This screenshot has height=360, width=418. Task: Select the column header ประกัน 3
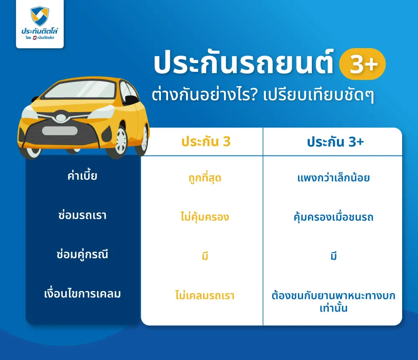pos(206,142)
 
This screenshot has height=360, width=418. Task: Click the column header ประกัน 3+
pos(335,142)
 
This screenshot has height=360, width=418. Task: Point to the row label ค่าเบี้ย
pos(82,176)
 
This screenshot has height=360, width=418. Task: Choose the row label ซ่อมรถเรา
pos(82,215)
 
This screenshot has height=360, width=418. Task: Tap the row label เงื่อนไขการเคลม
pos(82,294)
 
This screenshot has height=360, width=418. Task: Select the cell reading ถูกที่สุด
pos(204,179)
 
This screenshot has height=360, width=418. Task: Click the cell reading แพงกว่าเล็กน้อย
pos(334,179)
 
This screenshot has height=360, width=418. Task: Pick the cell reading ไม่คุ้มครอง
pos(204,217)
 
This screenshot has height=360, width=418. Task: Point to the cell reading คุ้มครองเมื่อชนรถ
pos(334,217)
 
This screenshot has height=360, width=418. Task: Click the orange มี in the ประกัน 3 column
pos(204,256)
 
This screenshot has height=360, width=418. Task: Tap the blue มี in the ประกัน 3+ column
pos(334,256)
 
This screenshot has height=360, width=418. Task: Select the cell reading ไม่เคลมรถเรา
pos(204,296)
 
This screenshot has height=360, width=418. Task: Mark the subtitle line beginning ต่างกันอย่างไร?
pos(263,94)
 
